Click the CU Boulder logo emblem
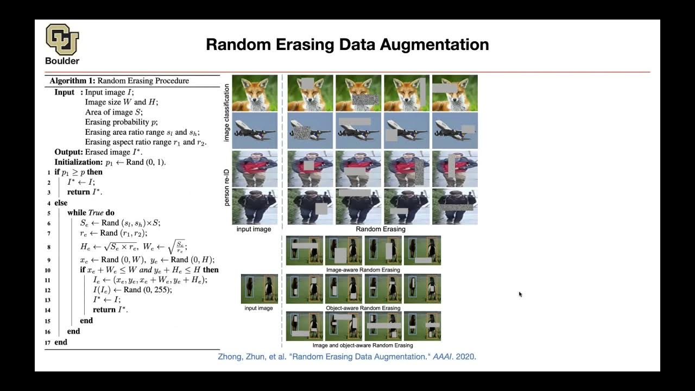coord(62,39)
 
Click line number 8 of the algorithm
coord(48,247)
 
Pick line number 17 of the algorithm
coord(48,342)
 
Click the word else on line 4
coord(61,203)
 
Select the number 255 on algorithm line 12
coord(163,289)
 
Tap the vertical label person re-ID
coord(228,187)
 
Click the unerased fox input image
coord(255,93)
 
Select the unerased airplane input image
coord(255,130)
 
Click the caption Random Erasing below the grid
coord(381,229)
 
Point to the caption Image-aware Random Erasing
coord(363,270)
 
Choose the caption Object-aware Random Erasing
coord(363,308)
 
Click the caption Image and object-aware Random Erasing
coord(363,345)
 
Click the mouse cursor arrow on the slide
coord(520,294)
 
